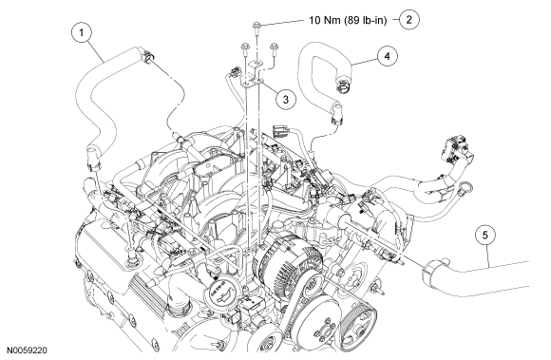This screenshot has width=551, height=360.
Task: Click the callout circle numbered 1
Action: pos(82,32)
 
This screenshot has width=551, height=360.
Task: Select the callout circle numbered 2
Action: pos(409,20)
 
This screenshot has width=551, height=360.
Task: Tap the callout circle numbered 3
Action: pos(285,100)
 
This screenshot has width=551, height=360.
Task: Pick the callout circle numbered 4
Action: pos(388,56)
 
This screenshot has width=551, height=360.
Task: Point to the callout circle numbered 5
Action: pos(485,235)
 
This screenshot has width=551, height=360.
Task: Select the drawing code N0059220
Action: pos(28,351)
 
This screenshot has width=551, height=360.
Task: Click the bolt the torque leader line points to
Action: pos(256,28)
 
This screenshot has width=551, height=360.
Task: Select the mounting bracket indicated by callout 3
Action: pos(254,74)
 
